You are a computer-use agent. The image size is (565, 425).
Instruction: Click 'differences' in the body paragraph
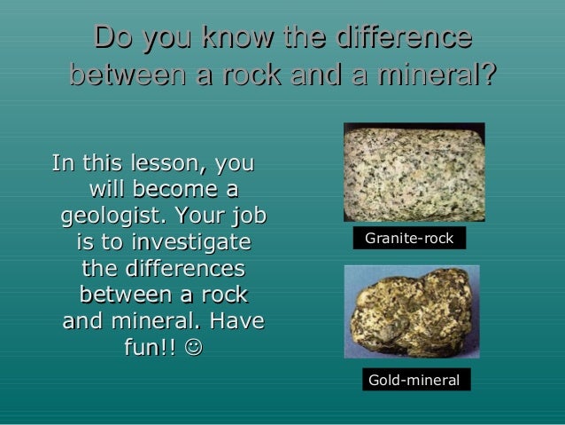(163, 268)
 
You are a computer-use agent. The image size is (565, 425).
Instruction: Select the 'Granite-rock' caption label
(409, 240)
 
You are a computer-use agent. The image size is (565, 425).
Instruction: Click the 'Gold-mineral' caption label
(414, 380)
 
